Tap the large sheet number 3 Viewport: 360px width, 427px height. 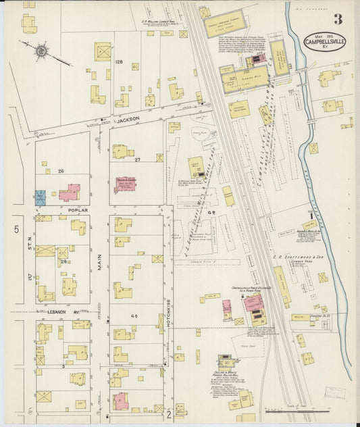337,18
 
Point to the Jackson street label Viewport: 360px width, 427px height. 128,119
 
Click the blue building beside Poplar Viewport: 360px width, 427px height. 41,198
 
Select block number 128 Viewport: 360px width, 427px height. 119,62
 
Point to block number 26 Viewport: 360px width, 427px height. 61,172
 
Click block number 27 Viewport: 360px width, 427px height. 137,160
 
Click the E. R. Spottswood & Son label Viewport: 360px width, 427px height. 297,258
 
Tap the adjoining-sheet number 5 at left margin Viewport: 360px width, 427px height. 16,230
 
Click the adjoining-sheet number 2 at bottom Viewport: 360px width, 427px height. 170,415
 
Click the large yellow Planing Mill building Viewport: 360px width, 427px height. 245,78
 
